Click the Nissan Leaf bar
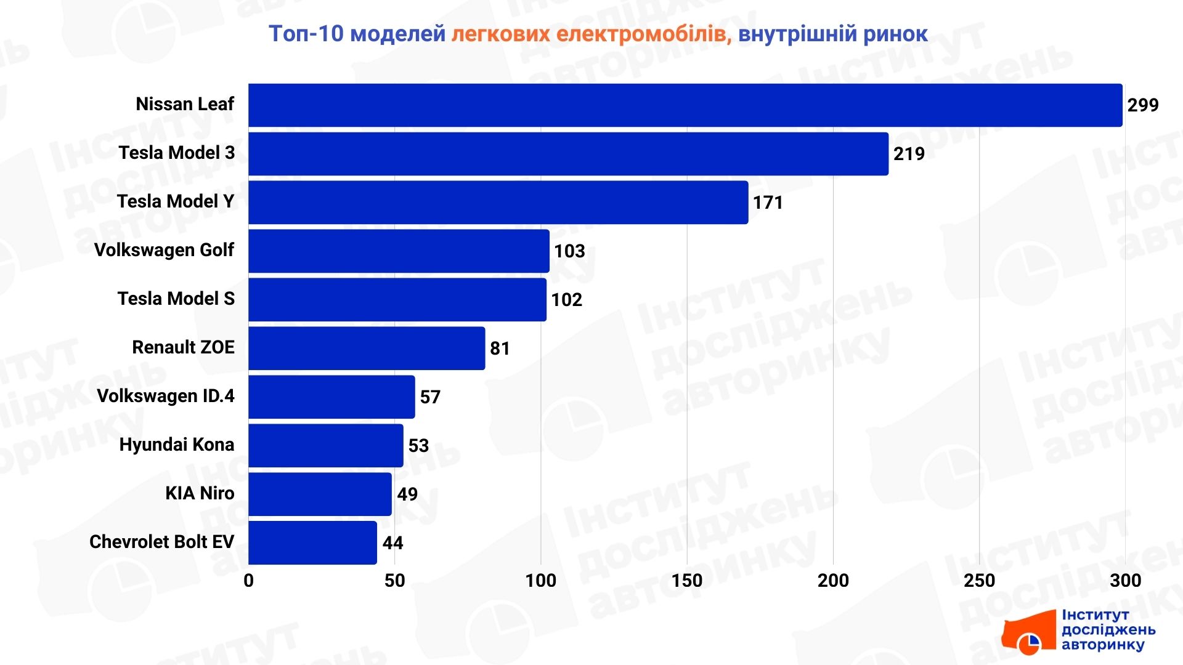coord(685,105)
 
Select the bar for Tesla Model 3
coord(568,154)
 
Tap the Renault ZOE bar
coord(367,349)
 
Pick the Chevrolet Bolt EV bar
coord(312,543)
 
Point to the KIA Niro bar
coord(320,494)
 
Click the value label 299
coord(1143,105)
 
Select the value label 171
coord(768,203)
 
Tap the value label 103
coord(569,251)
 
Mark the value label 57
coord(430,397)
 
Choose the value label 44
coord(392,543)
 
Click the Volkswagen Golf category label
coord(164,250)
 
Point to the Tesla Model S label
coord(176,299)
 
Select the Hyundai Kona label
coord(176,445)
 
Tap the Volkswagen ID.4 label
coord(165,396)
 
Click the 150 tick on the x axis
coord(687,581)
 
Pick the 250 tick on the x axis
coord(979,581)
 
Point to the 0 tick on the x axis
coord(248,581)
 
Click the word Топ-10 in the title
coord(306,34)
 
